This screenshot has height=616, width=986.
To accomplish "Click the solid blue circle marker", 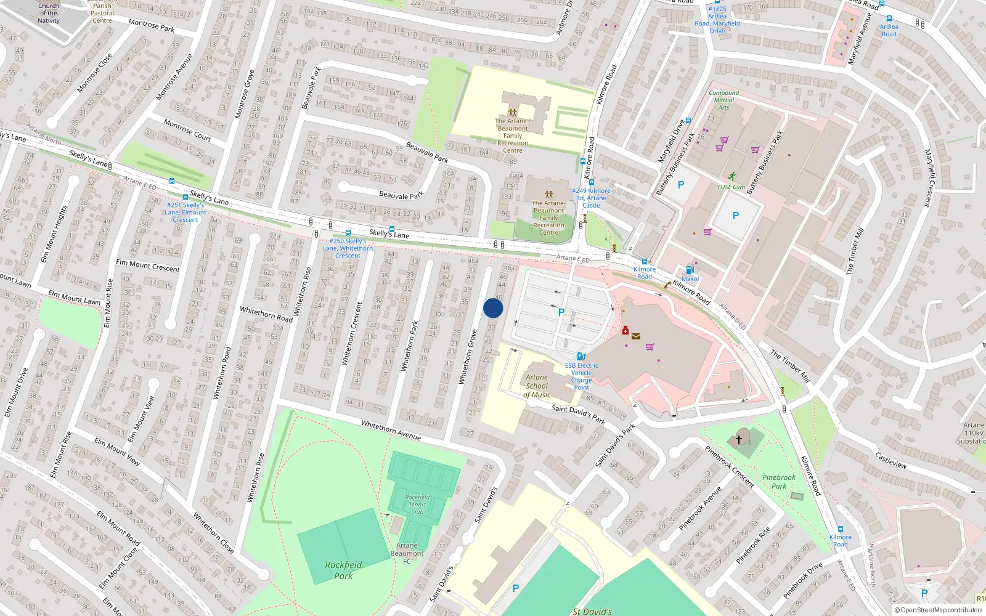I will point(493,308).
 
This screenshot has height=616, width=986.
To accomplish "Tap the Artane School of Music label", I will point(537,386).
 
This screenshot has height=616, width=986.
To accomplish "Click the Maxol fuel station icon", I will point(690,270).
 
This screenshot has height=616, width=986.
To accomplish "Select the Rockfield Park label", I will point(343,570).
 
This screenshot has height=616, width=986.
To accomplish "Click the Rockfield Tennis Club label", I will point(417,504).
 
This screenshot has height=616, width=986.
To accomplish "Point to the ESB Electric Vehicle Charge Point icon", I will point(581,356).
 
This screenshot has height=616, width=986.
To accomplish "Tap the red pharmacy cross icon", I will point(625,331).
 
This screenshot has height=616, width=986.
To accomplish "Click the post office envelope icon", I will point(636,336).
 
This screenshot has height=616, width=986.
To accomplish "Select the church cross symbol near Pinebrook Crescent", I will point(738,440).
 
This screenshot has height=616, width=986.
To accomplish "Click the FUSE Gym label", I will point(731,187).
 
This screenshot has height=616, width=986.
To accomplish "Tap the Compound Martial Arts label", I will point(724,100).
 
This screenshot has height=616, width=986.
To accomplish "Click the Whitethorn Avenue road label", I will point(391,430).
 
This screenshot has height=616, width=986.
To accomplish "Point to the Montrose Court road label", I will point(187,130).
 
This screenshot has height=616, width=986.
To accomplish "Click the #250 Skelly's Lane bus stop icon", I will point(348,233).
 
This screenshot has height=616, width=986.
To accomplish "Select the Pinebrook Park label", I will point(779,481).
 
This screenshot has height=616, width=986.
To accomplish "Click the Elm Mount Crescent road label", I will point(148,265).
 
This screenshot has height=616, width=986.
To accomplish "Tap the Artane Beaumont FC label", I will point(407,553).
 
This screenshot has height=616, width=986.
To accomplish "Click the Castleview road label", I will point(890,460).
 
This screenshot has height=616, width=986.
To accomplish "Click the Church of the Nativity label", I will point(49,13).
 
